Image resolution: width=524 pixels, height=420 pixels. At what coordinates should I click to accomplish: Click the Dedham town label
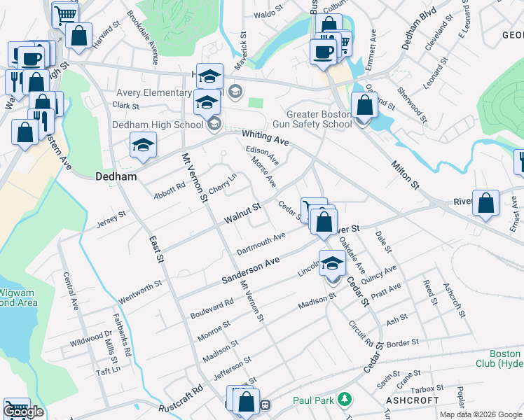(x=116, y=177)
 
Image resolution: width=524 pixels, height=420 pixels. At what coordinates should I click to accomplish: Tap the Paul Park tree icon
(x=344, y=400)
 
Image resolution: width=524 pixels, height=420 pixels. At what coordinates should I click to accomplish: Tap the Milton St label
(x=404, y=174)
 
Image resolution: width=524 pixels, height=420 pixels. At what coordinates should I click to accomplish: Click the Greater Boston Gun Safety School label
(x=319, y=120)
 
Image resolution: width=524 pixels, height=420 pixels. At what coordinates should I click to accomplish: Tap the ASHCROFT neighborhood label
(x=412, y=400)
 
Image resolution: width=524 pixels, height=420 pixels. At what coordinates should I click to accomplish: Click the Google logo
(x=23, y=412)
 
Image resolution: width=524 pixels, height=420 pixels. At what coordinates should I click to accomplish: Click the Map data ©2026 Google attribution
(x=481, y=414)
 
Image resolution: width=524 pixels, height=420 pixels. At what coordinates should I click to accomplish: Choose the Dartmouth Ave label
(x=261, y=243)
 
